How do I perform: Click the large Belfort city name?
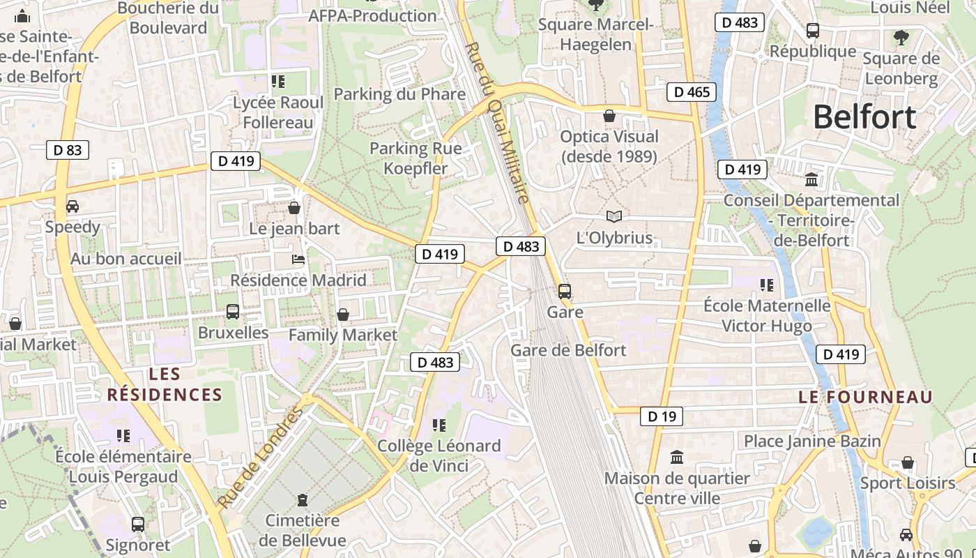click(864, 117)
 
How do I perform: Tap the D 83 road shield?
click(68, 149)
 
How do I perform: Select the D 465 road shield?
click(692, 92)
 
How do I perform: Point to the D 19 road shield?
click(661, 416)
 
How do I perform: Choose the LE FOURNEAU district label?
click(865, 397)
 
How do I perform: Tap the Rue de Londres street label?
click(261, 456)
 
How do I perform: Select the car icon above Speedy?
click(73, 206)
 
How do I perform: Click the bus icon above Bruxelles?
click(233, 312)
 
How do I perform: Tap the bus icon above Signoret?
click(138, 524)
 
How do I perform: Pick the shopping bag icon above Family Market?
click(343, 315)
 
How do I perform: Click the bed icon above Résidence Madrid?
click(298, 259)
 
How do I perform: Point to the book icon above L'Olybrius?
click(613, 217)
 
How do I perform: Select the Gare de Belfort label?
click(568, 350)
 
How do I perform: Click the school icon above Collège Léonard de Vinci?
click(439, 425)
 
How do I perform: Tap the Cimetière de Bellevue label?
click(303, 530)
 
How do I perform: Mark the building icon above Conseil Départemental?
click(811, 180)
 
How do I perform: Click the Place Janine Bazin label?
click(812, 441)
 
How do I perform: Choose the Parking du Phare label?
click(399, 94)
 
